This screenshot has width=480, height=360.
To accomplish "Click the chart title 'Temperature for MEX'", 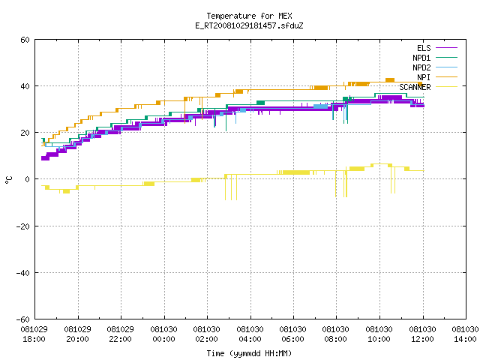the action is point(249,16).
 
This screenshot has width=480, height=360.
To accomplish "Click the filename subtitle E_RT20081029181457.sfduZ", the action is point(249,25).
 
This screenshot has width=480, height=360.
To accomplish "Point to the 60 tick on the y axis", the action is point(25,40).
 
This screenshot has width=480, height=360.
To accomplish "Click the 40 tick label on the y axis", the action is point(25,86).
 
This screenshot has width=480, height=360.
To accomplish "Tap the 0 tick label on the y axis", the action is point(28,179).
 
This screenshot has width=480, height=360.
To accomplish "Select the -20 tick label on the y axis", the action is point(22,226).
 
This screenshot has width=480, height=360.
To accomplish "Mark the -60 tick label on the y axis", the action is point(22,319).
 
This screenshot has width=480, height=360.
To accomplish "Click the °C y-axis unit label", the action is point(8,180).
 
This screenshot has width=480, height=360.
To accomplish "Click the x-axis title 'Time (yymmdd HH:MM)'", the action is point(249,353).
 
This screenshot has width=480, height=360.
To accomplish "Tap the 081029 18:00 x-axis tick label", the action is point(34,334).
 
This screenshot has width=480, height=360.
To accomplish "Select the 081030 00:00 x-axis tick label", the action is point(163,334).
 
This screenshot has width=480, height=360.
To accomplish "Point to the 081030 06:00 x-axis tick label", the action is point(293,334).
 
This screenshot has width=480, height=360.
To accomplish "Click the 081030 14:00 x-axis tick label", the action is point(465,334).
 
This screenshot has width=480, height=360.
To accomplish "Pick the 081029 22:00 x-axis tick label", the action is point(120,334).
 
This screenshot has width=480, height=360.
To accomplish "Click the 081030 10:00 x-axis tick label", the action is point(379,334).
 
